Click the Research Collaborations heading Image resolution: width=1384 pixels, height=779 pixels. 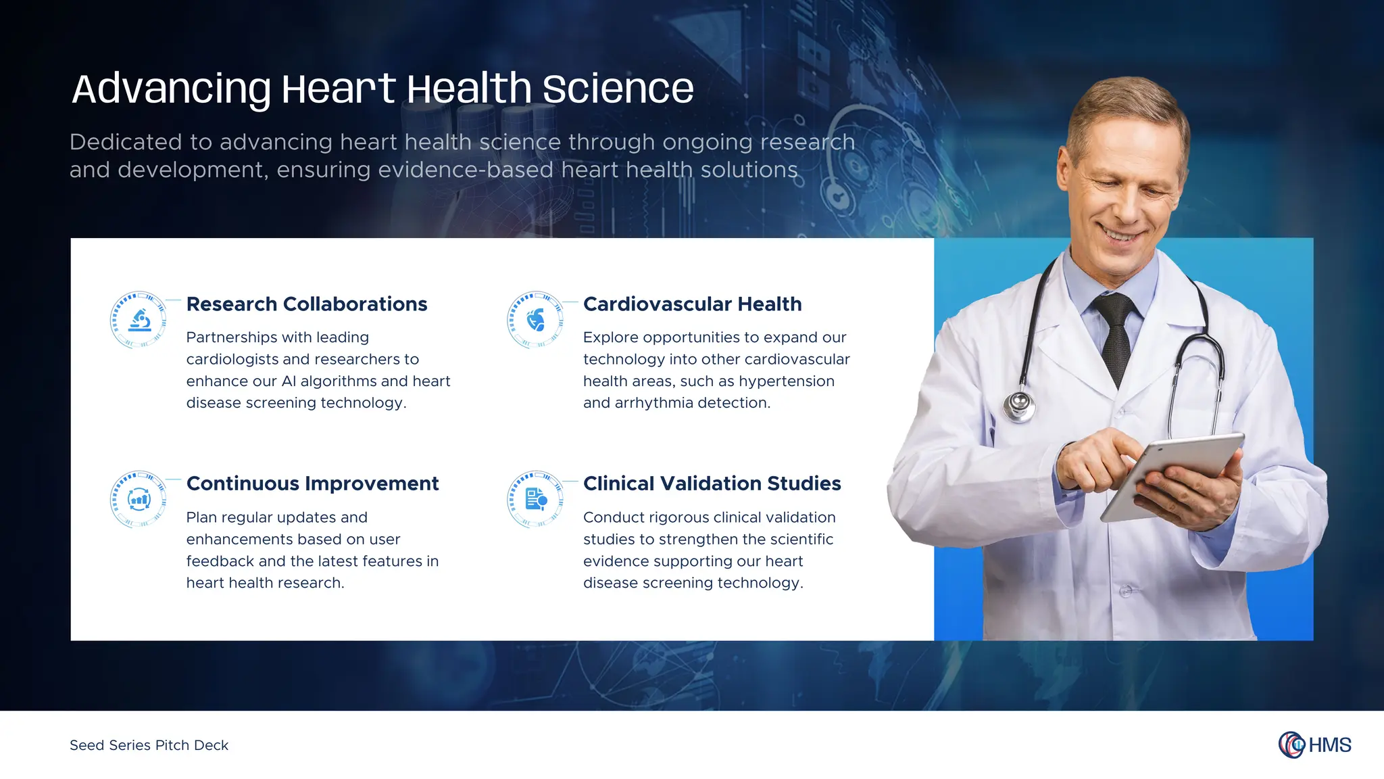(x=306, y=304)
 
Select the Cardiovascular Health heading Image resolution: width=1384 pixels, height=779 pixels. (x=692, y=304)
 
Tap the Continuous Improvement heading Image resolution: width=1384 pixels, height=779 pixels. (x=312, y=483)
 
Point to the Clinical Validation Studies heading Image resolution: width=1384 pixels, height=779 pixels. (x=712, y=483)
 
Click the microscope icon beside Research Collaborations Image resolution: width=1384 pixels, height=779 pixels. (x=139, y=320)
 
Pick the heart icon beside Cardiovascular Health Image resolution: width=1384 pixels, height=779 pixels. (x=536, y=320)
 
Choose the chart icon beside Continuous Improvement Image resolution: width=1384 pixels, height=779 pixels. (x=139, y=500)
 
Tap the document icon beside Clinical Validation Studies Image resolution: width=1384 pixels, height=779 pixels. (x=536, y=500)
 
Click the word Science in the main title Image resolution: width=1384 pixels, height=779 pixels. (x=618, y=89)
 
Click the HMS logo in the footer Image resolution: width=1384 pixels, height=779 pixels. (x=1314, y=745)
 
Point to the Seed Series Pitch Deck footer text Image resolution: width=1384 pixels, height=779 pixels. (x=149, y=745)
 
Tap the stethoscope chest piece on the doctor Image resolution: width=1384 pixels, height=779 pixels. (x=1019, y=405)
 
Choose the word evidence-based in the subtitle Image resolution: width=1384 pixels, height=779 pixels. (x=466, y=170)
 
